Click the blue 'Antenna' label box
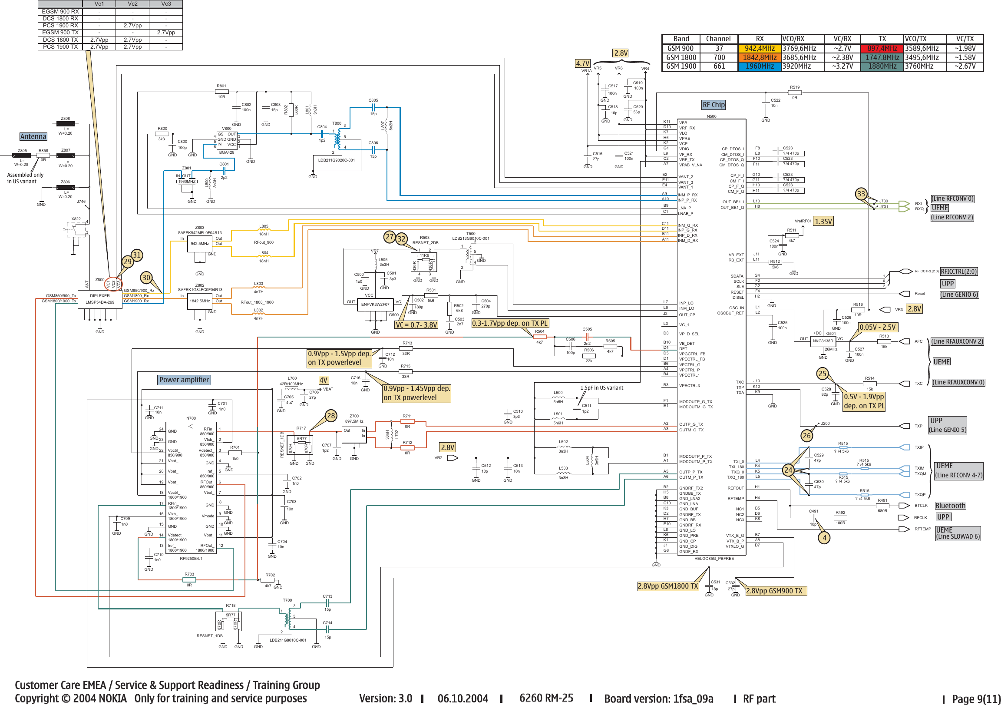[33, 136]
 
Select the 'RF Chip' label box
[713, 105]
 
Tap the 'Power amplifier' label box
[184, 380]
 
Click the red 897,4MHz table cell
[882, 48]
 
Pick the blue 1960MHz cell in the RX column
[760, 66]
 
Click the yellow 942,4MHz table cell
[760, 48]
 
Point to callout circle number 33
[861, 194]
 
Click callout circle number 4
[824, 538]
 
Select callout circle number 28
[331, 416]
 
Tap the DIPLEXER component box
[100, 299]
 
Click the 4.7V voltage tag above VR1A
[582, 63]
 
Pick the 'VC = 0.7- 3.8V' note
[416, 325]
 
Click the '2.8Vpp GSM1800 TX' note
[668, 586]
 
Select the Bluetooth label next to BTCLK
[950, 506]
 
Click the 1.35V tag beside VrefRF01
[823, 222]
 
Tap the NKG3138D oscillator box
[823, 341]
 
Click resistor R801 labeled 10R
[222, 92]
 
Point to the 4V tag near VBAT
[323, 380]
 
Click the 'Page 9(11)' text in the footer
[976, 698]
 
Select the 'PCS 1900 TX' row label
[60, 46]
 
